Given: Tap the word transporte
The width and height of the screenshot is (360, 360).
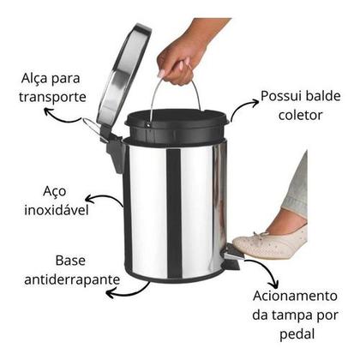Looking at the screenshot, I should pyautogui.click(x=54, y=97).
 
